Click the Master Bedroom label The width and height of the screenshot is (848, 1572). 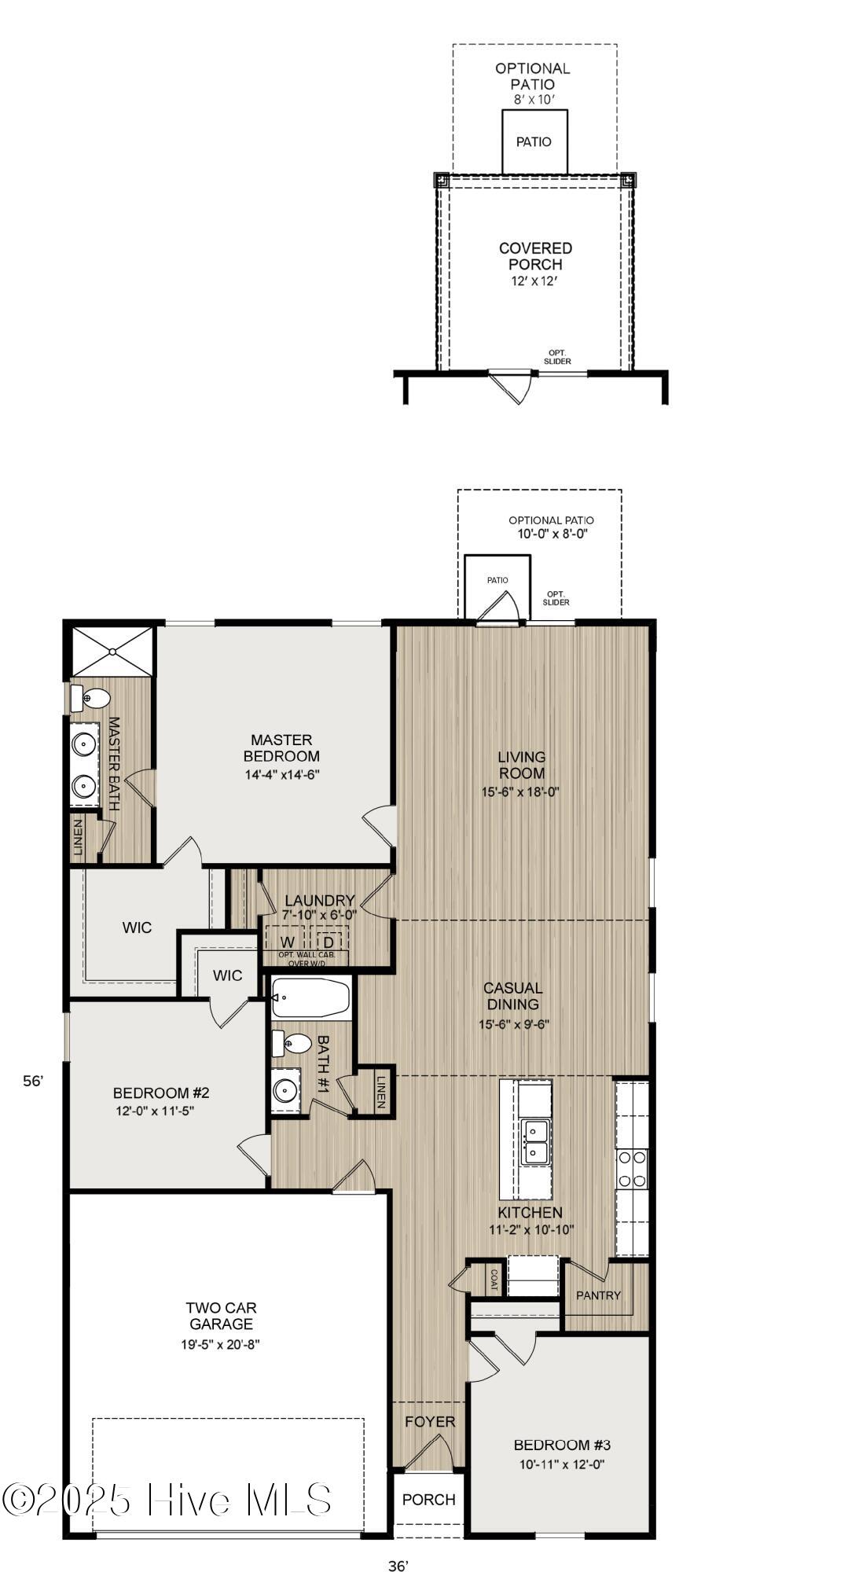pos(281,747)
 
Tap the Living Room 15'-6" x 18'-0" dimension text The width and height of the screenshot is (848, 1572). pos(520,792)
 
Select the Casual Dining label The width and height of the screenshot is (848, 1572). pos(512,996)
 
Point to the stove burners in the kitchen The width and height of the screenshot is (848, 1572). pos(631,1168)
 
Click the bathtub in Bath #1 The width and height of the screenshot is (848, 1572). pos(311,998)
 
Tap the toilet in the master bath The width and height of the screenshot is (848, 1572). pos(91,697)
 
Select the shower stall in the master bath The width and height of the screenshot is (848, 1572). pos(112,651)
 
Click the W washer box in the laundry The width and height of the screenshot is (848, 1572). pos(288,942)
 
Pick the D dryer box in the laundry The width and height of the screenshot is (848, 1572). pos(329,942)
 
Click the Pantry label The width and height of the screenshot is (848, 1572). pos(598,1295)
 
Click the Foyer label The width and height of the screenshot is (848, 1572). pos(430,1421)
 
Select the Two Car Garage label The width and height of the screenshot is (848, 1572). pos(221,1316)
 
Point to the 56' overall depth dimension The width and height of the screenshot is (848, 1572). pos(33,1081)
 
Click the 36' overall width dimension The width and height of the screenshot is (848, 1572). pos(398,1561)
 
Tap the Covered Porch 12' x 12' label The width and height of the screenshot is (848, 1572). pos(535,264)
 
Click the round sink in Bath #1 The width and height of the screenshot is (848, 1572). pos(284,1090)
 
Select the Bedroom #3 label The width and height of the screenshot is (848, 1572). pos(562,1444)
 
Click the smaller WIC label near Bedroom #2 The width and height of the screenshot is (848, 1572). pos(228,975)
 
